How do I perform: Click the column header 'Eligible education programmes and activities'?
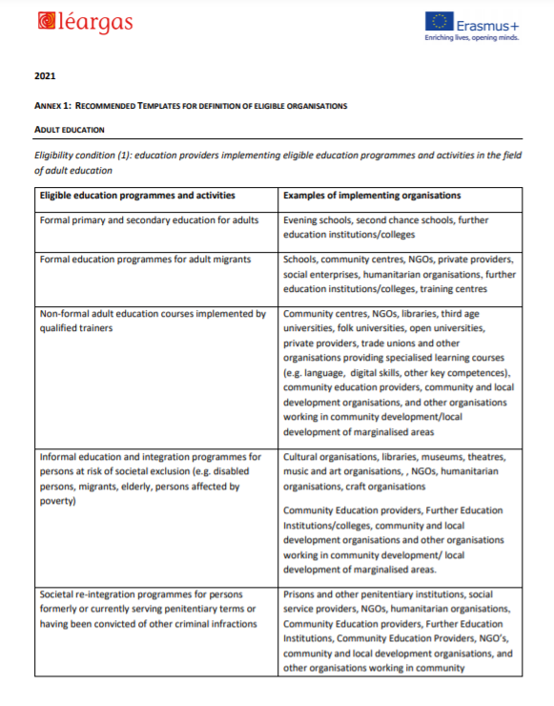tap(137, 196)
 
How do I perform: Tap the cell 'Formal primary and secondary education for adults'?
tap(149, 220)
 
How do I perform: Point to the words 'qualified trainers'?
tap(77, 326)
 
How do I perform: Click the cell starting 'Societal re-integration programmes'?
tap(148, 609)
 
